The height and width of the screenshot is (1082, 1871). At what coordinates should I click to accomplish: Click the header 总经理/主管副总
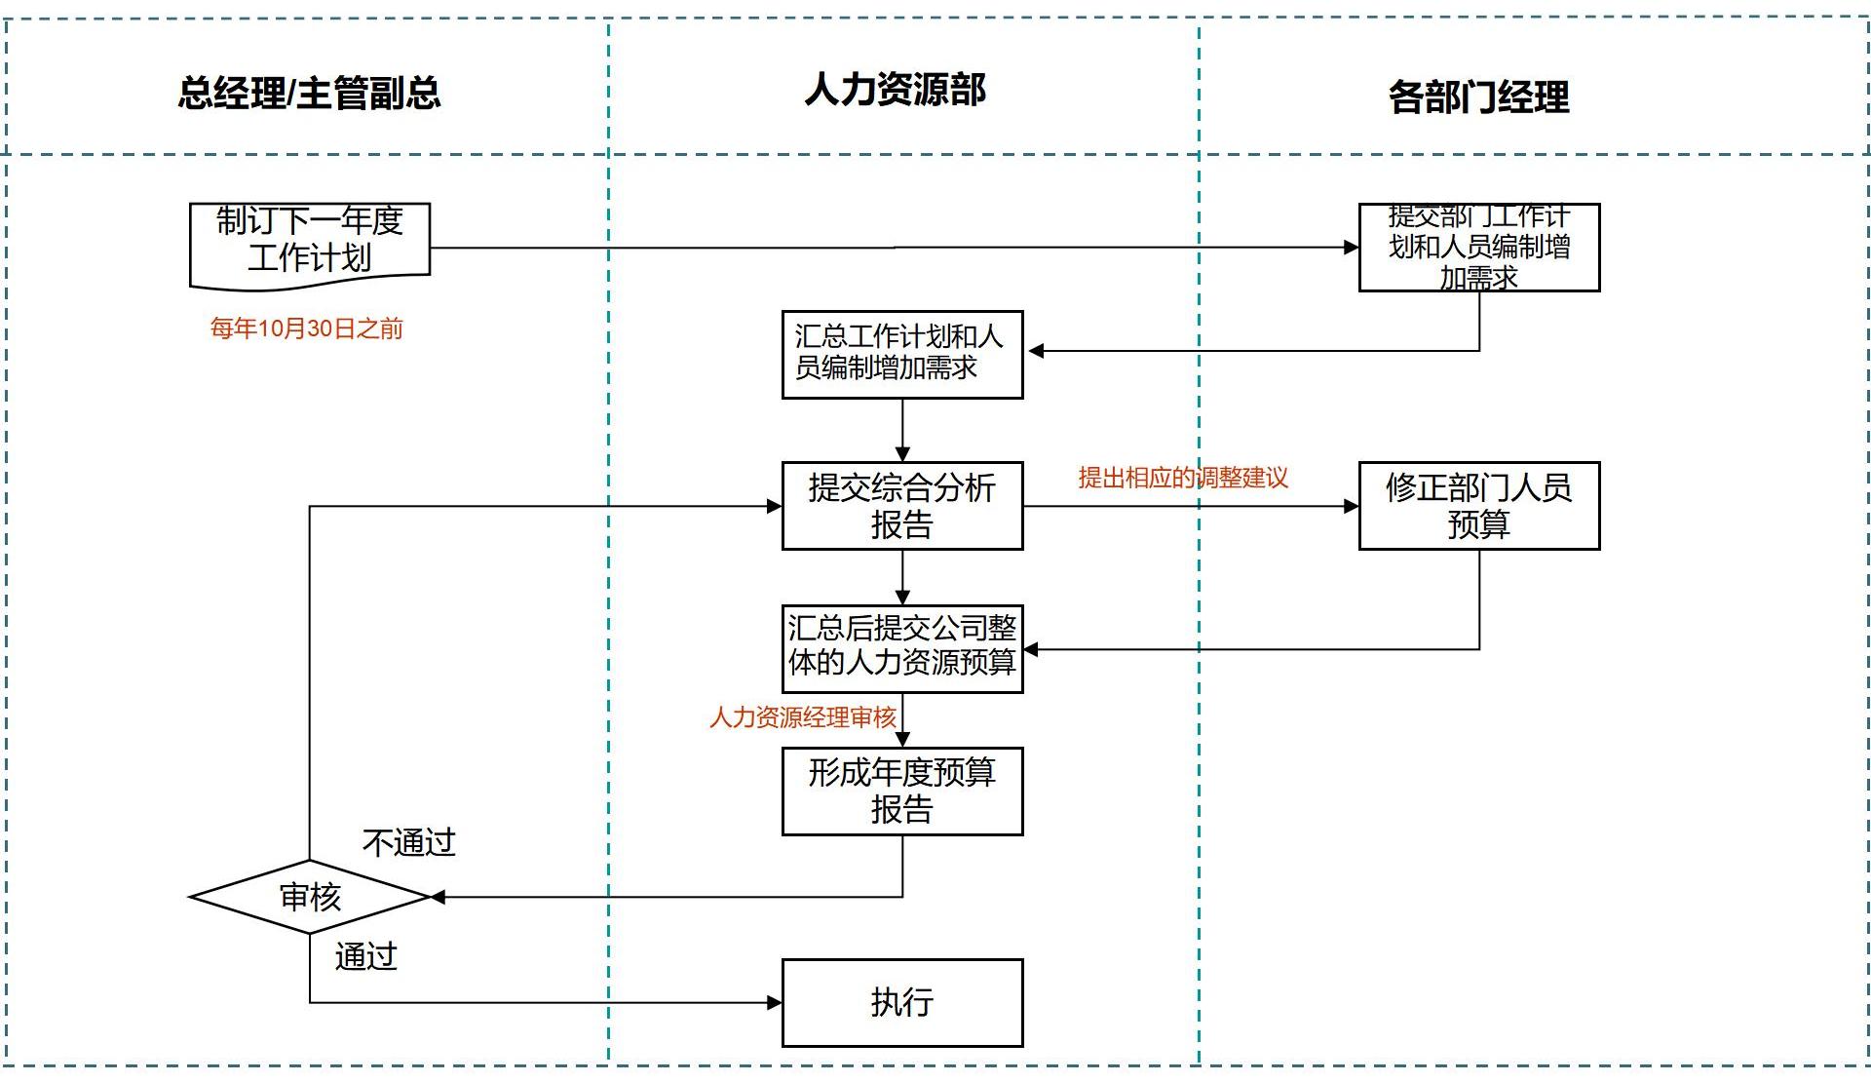tap(309, 94)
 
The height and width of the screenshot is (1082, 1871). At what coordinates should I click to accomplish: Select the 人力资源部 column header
tap(895, 90)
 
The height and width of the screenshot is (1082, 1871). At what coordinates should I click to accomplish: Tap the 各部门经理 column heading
tap(1478, 97)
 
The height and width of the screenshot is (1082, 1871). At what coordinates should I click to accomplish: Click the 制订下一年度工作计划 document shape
tap(309, 242)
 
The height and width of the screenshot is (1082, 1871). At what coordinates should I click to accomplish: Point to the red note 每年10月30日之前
tap(306, 328)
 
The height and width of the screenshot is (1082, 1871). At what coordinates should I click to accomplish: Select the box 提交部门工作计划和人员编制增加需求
tap(1478, 248)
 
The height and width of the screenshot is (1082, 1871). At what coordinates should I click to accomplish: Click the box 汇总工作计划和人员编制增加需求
tap(901, 354)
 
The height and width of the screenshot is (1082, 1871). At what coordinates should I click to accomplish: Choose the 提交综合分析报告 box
tap(901, 506)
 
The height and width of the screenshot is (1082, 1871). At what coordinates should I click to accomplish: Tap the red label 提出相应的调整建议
tap(1182, 478)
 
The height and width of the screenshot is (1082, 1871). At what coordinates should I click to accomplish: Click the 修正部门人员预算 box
tap(1478, 506)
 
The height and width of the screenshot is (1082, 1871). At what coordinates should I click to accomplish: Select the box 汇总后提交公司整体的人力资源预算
tap(901, 648)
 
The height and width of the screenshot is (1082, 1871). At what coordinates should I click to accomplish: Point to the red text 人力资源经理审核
tap(802, 717)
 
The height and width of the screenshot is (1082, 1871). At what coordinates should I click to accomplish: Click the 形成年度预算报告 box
tap(901, 791)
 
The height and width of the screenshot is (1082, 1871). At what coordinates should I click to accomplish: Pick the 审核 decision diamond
tap(310, 897)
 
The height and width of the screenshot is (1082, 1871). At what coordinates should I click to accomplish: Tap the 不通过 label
tap(408, 842)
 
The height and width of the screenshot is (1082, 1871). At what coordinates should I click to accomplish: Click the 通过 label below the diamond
tap(365, 956)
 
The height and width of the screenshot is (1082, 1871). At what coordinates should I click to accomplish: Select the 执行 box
tap(901, 1002)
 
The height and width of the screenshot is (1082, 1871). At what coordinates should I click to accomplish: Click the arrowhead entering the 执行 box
tap(775, 1002)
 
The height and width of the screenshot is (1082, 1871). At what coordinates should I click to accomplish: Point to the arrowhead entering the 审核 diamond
tap(439, 897)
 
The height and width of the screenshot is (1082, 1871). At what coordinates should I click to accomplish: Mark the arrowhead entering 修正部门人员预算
tap(1352, 506)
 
